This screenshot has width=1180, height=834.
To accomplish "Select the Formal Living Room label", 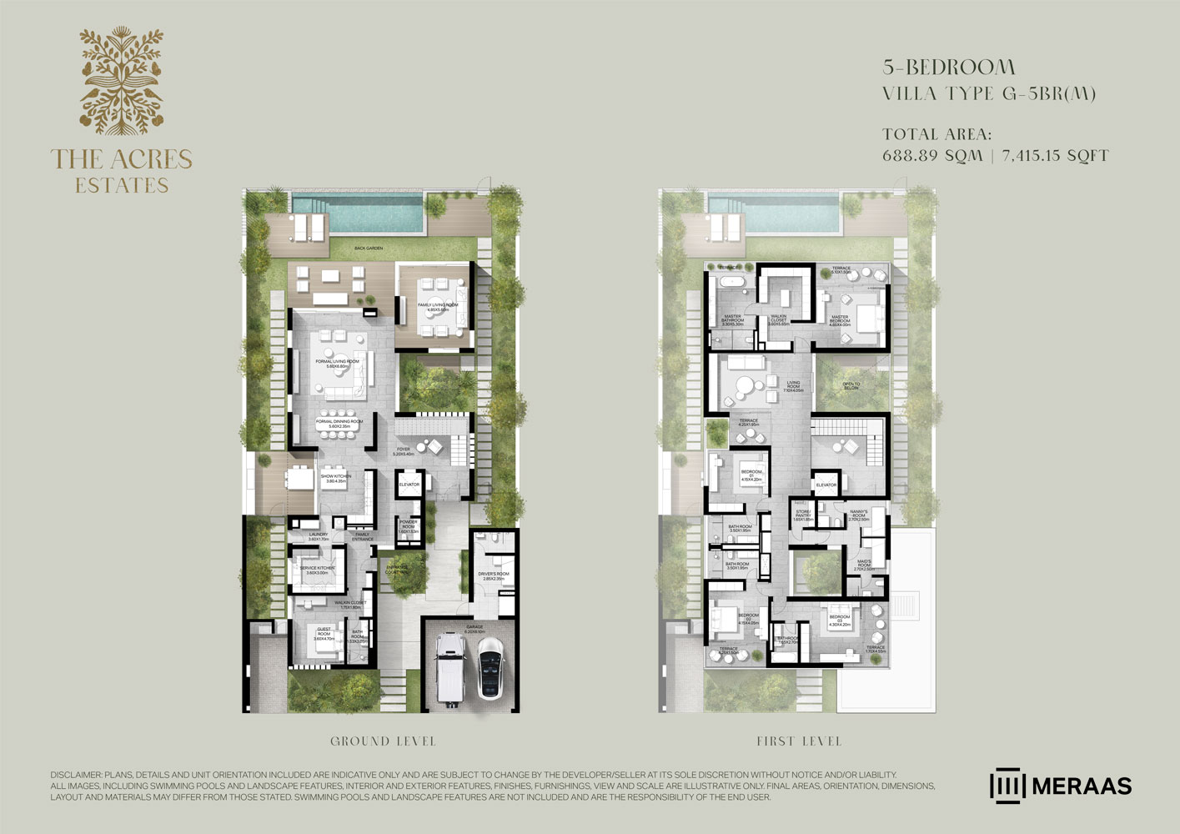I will coord(337,364).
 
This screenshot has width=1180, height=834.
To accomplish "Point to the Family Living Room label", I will coord(438,307).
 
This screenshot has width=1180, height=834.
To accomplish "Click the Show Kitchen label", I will coord(336,479).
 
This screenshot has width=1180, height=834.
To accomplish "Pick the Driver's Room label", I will coord(493,575).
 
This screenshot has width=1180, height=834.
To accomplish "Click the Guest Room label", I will coord(324,632).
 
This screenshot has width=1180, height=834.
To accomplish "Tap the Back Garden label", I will coord(368,249).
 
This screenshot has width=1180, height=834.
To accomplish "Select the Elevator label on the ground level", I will coord(409,485).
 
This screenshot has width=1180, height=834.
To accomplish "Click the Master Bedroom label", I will coord(839,319).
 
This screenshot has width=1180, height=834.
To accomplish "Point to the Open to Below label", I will coord(851,386).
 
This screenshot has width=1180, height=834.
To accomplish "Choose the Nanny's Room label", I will coord(859,515).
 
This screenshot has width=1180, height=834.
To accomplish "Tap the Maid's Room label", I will coord(864,565).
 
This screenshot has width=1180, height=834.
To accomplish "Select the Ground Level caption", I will coord(383,741).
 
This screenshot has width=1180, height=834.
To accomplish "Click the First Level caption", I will coord(799,741).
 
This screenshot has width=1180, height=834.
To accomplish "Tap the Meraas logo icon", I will coord(1007,786).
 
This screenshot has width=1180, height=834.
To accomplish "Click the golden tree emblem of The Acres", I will coord(122,80).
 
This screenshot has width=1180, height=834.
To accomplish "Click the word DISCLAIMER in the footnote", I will coord(74,776).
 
